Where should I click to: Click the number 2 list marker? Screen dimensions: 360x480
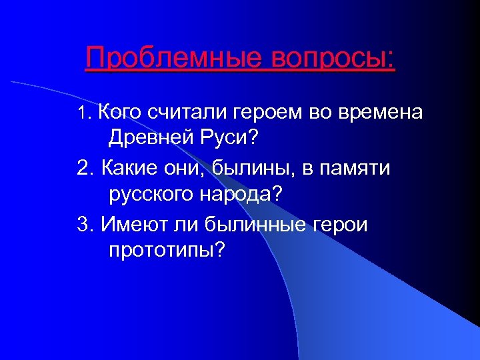(83, 168)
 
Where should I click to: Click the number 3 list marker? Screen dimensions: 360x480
(83, 224)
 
